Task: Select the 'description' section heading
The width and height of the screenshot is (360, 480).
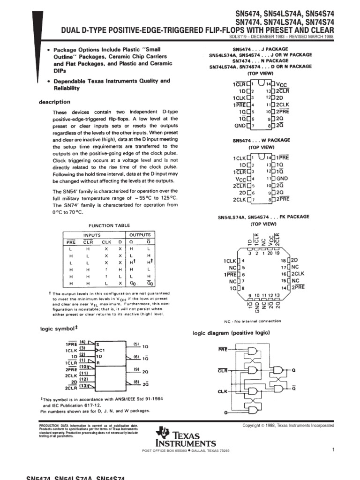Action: coord(54,102)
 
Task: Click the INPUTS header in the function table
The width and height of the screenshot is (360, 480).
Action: coord(92,235)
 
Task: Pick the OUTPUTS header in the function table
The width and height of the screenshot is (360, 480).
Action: coord(140,235)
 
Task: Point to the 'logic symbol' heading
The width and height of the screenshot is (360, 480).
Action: coord(57,329)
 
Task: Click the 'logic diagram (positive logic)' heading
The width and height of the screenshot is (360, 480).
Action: coord(231,333)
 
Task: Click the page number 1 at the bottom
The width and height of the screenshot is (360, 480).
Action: coord(332,450)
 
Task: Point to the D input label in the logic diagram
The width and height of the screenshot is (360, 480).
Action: coord(226,412)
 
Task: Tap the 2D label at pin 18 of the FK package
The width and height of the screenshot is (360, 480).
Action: coord(295,260)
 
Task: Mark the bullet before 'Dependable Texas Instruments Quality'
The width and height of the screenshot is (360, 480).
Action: coord(49,81)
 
